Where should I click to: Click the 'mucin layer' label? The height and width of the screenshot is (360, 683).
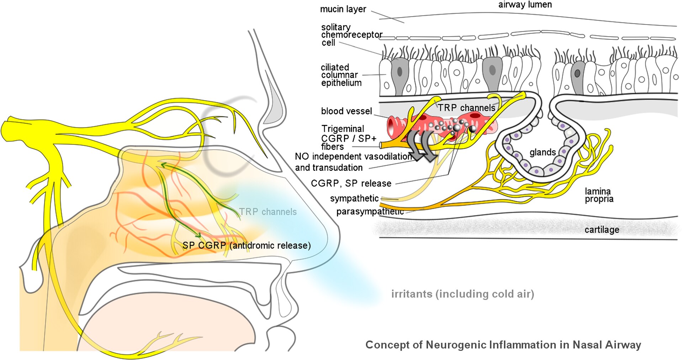pyautogui.click(x=343, y=9)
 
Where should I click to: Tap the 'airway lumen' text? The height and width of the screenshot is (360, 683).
pyautogui.click(x=525, y=5)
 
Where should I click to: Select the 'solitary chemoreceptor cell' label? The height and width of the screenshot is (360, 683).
pyautogui.click(x=351, y=35)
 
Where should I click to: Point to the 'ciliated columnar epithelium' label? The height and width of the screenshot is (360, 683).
pyautogui.click(x=341, y=75)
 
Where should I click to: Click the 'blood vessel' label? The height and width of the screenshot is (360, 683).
pyautogui.click(x=346, y=111)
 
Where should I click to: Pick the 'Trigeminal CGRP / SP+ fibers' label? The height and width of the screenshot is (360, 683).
pyautogui.click(x=348, y=138)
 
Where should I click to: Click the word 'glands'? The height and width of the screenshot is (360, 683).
pyautogui.click(x=542, y=152)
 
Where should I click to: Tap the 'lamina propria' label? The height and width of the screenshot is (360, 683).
pyautogui.click(x=599, y=195)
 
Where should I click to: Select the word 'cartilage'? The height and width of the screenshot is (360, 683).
pyautogui.click(x=602, y=230)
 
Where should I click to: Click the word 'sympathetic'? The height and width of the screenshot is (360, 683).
pyautogui.click(x=354, y=198)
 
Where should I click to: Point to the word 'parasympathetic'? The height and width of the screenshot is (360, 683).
pyautogui.click(x=370, y=212)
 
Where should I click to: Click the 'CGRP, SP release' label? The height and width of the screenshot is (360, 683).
pyautogui.click(x=351, y=184)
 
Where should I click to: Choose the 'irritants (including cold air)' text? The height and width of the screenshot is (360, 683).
pyautogui.click(x=462, y=294)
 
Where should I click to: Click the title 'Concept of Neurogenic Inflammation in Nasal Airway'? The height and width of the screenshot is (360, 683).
pyautogui.click(x=503, y=345)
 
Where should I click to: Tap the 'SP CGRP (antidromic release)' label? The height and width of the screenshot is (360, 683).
pyautogui.click(x=247, y=245)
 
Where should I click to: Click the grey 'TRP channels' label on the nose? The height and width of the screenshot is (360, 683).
pyautogui.click(x=268, y=212)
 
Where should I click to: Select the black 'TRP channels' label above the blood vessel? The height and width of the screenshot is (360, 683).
pyautogui.click(x=466, y=108)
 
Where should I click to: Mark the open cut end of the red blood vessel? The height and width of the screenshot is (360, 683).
pyautogui.click(x=392, y=126)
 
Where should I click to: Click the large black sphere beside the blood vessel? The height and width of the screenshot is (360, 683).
pyautogui.click(x=472, y=129)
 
